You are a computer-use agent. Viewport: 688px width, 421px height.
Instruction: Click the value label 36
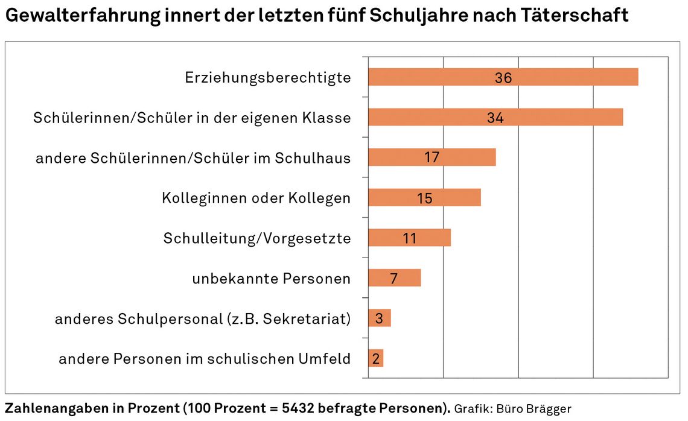[x=503, y=78]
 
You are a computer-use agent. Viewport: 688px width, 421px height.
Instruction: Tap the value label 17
[x=432, y=158]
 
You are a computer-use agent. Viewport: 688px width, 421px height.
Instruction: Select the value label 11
[x=410, y=238]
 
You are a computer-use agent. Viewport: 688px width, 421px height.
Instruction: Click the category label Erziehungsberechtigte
[x=268, y=78]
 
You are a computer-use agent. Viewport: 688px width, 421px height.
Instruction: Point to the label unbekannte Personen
[x=272, y=279]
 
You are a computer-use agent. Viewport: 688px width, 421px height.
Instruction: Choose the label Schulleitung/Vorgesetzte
[x=257, y=238]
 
